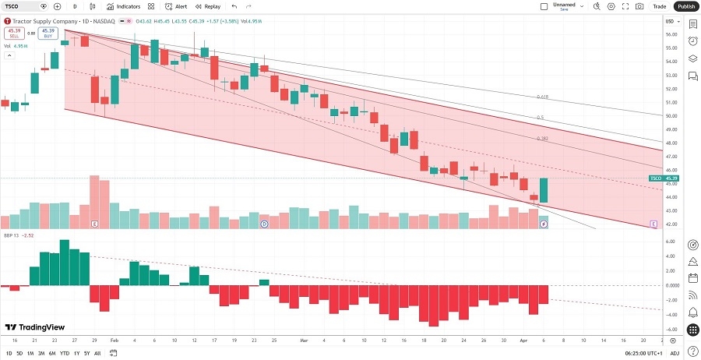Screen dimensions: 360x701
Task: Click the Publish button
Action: [685, 6]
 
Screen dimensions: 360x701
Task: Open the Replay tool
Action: [207, 6]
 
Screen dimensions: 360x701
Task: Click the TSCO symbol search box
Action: [21, 6]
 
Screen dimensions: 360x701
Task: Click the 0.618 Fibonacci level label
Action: [543, 97]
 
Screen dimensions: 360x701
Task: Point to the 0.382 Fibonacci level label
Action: [543, 139]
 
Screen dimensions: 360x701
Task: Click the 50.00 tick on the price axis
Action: [671, 116]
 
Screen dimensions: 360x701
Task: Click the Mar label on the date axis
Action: [305, 341]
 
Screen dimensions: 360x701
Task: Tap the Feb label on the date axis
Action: [114, 341]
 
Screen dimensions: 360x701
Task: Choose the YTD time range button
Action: [64, 353]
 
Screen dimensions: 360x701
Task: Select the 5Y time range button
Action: [86, 353]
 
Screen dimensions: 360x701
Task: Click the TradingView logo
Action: [34, 327]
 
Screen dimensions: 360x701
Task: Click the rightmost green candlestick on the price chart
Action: [544, 190]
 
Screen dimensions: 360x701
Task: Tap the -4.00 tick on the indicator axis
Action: [671, 314]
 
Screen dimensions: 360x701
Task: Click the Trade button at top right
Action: [659, 6]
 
